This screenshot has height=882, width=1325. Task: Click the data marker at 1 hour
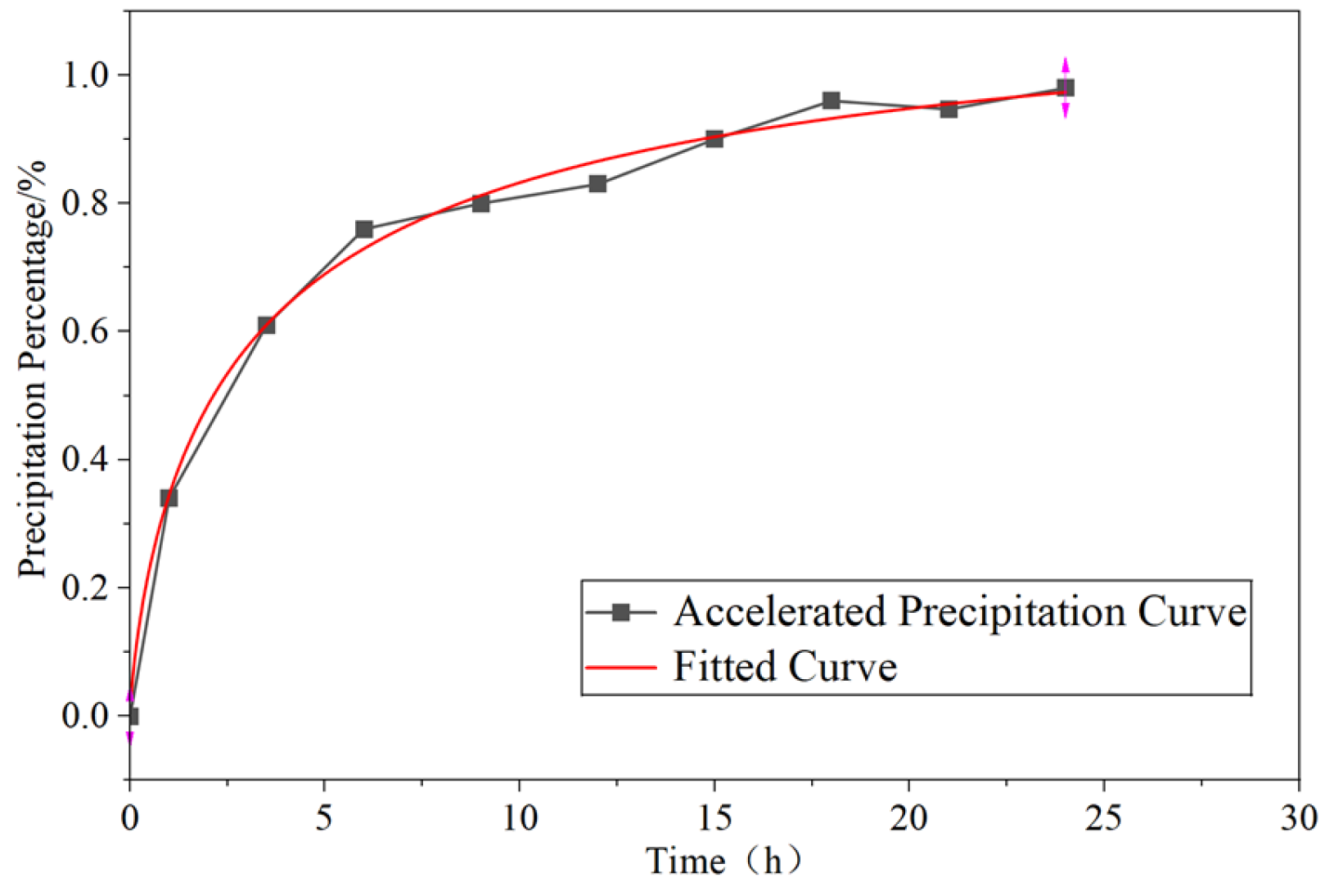pyautogui.click(x=169, y=497)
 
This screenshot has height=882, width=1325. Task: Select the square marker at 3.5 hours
pyautogui.click(x=266, y=325)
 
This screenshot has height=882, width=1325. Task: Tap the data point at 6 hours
pyautogui.click(x=364, y=229)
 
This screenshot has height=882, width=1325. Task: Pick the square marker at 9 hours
pyautogui.click(x=481, y=204)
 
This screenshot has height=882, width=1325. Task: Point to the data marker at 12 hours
pyautogui.click(x=597, y=183)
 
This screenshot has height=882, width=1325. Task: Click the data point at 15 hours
pyautogui.click(x=714, y=139)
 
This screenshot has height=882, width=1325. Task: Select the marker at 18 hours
pyautogui.click(x=831, y=100)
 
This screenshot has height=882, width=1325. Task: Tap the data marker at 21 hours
pyautogui.click(x=949, y=109)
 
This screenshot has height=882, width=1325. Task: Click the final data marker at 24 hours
pyautogui.click(x=1066, y=88)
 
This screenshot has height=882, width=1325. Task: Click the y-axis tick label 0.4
pyautogui.click(x=87, y=459)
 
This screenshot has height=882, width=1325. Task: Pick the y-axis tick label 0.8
pyautogui.click(x=87, y=203)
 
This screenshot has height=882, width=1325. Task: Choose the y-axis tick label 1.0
pyautogui.click(x=87, y=75)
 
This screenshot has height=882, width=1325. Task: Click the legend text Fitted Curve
pyautogui.click(x=785, y=666)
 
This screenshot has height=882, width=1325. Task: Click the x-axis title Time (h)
pyautogui.click(x=723, y=861)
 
